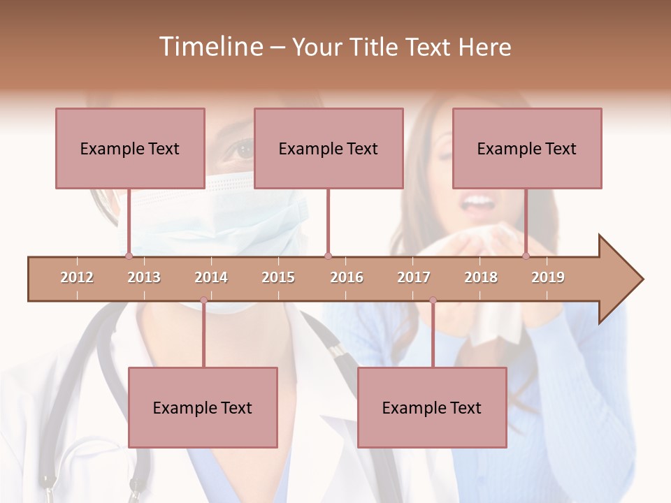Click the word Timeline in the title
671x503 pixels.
[x=210, y=47]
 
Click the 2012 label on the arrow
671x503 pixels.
[x=77, y=277]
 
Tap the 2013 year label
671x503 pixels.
[x=144, y=277]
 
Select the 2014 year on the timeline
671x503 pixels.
[x=211, y=277]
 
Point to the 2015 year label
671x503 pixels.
[x=278, y=277]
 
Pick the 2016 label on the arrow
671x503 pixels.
[x=347, y=277]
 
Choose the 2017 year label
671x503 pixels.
[x=414, y=277]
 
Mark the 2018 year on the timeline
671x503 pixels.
[x=481, y=277]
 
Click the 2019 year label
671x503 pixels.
[x=548, y=277]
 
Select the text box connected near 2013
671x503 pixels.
[x=130, y=148]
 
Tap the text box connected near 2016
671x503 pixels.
[x=329, y=148]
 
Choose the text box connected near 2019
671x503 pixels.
[x=527, y=148]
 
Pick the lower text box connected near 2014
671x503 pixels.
[x=203, y=407]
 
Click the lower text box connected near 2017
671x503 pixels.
[x=432, y=407]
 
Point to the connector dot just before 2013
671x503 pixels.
[x=129, y=256]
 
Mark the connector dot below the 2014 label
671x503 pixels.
[x=203, y=300]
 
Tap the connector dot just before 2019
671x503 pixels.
[x=526, y=256]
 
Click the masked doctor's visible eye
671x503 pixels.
[x=243, y=147]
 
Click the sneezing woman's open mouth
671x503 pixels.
[x=478, y=203]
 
